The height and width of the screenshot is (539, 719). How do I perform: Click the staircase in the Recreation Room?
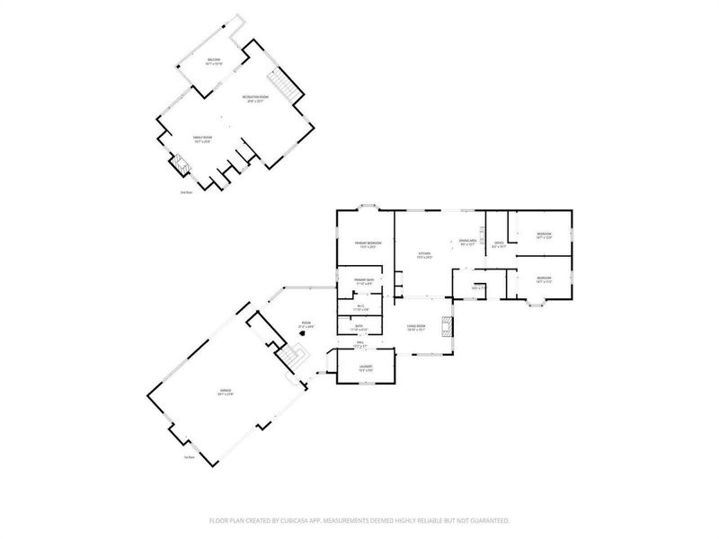284,88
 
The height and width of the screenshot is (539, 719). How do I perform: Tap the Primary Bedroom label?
367,245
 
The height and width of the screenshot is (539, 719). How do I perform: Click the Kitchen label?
424,255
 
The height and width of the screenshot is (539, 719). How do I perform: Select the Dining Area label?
467,242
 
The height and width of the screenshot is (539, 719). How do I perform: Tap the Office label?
500,243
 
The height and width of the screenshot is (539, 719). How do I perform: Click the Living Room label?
415,327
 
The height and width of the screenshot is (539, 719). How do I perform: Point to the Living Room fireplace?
447,325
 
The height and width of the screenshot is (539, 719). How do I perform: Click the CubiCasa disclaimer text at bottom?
359,520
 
